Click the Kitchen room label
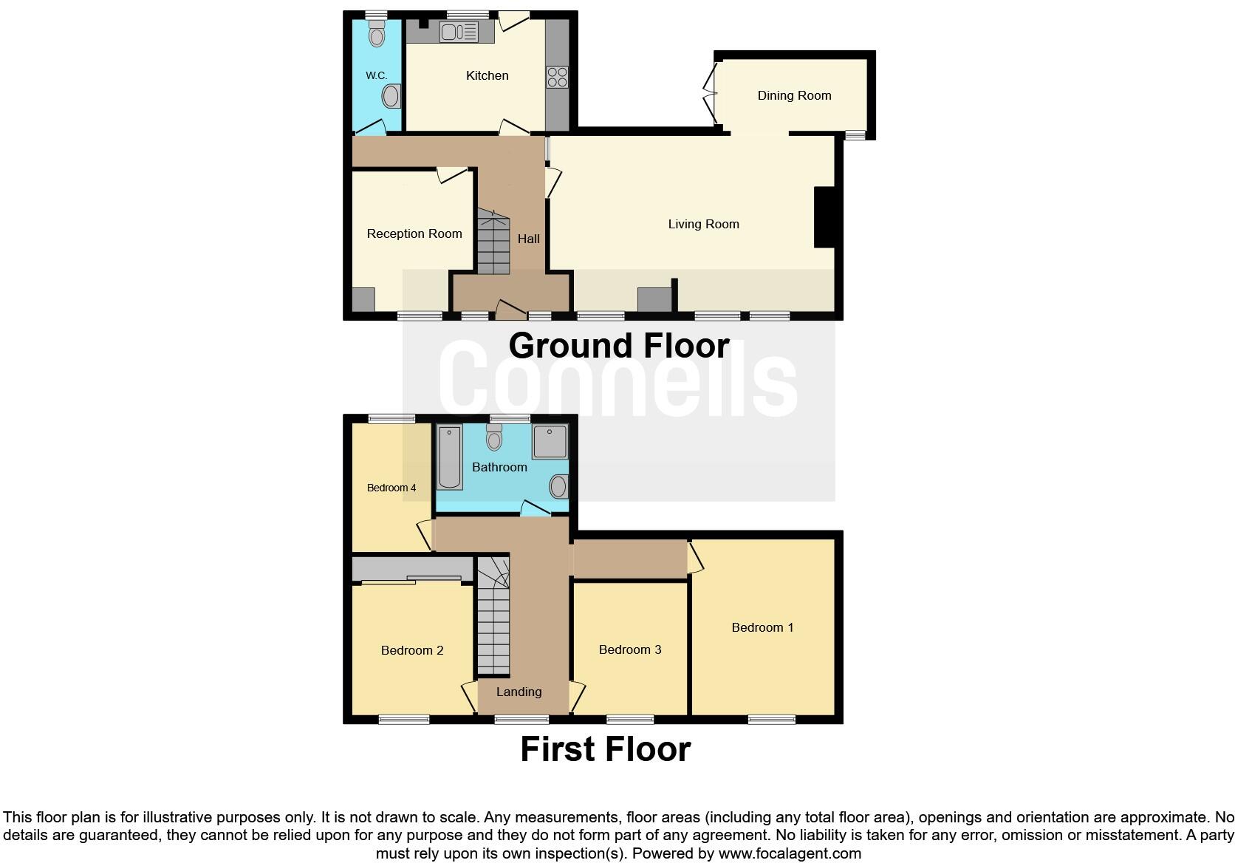(487, 75)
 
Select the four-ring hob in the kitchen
(557, 77)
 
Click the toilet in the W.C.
(377, 35)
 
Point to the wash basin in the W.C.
(392, 96)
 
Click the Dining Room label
(794, 95)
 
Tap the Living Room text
(703, 224)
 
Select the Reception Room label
(414, 233)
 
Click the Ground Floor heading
(619, 346)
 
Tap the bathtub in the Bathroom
(449, 457)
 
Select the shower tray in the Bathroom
(549, 442)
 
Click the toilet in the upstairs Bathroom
(494, 439)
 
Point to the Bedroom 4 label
(391, 488)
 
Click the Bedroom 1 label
(762, 627)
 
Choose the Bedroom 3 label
(629, 649)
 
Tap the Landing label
(519, 692)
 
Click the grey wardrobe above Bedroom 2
(411, 569)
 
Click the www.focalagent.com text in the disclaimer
(790, 853)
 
